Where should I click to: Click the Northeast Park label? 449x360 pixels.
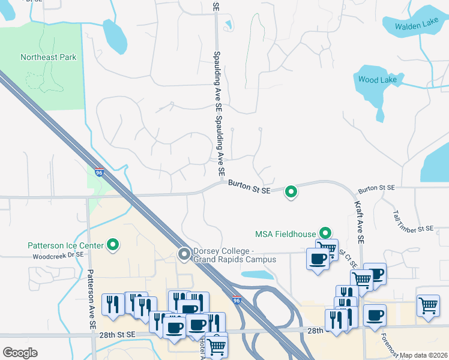[x=49, y=58]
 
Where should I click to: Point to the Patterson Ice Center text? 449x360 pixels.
[x=65, y=245]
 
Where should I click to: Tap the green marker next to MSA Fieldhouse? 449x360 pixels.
[x=325, y=233]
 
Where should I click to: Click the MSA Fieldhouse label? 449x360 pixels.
[x=286, y=233]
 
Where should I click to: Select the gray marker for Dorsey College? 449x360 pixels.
[x=184, y=255]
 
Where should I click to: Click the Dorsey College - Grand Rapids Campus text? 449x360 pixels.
[x=234, y=256]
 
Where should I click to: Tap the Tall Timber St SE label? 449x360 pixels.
[x=413, y=221]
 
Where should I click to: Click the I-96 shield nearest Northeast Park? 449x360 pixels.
[x=100, y=172]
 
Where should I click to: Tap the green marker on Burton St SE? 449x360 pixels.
[x=291, y=192]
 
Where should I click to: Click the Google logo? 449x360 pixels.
[x=20, y=353]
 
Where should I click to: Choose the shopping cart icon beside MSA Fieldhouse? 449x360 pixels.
[x=327, y=247]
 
